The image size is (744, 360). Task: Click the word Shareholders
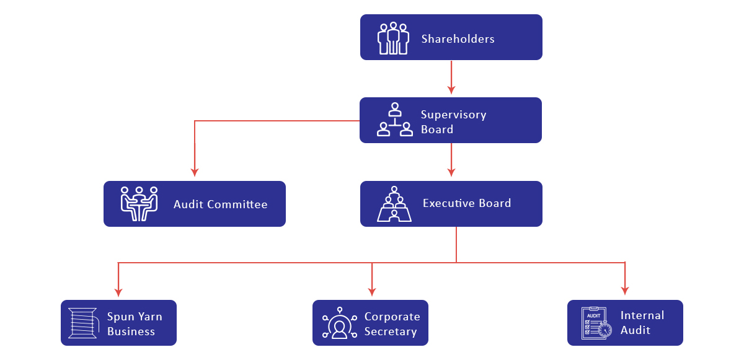[x=458, y=39]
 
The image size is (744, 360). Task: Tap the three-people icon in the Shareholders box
[x=393, y=38]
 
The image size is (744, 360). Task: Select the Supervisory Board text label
[x=453, y=122]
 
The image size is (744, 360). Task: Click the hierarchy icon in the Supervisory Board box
[x=395, y=120]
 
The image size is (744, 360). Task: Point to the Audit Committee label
[x=220, y=204]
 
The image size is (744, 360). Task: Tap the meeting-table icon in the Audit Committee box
[x=139, y=203]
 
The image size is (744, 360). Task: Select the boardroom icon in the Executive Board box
[x=394, y=203]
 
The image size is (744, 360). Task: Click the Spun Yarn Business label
[x=135, y=324]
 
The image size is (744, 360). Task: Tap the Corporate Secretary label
[x=392, y=324]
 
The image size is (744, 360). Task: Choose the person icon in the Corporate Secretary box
[x=339, y=323]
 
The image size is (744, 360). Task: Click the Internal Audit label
[x=642, y=323]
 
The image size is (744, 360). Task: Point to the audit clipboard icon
[x=594, y=323]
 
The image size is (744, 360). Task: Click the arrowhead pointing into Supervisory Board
[x=451, y=87]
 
